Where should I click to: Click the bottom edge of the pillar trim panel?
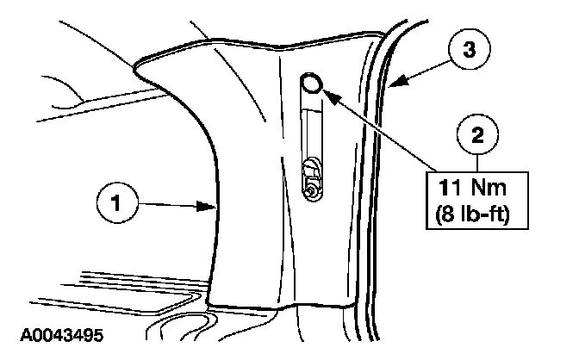284,308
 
